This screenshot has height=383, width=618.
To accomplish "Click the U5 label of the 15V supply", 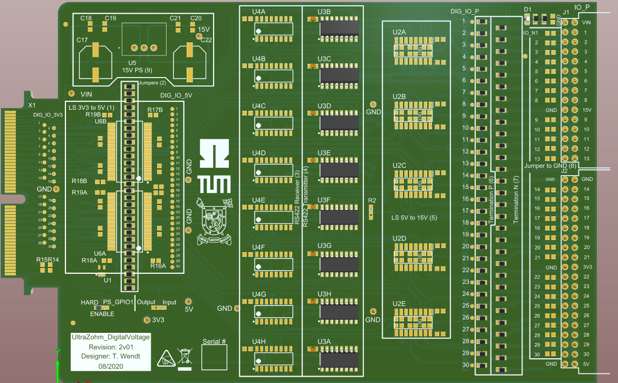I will pos(132,63).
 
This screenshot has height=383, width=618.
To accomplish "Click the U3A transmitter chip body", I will pos(339,360).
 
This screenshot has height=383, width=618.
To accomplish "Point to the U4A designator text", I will pos(259,11).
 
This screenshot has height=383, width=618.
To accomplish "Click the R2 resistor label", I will pos(372,200).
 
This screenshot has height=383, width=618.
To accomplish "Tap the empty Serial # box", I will pos(214,359).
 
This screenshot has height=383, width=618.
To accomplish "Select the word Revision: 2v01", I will pos(111,347).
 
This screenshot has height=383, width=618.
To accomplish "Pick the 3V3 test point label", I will pos(158,320).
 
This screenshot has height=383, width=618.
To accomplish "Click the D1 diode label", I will pos(528,9).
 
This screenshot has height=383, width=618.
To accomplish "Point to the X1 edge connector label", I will pos(32,106).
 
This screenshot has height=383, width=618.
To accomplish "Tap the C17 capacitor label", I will pos(82,40).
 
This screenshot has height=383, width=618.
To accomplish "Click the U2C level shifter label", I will pos(400,166).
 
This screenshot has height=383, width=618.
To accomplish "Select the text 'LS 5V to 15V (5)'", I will pos(414,217).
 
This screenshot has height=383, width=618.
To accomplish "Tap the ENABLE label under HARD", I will pos(102,314).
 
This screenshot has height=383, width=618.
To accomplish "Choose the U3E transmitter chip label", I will pos(324,153).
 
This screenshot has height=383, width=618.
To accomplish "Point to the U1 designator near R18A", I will pos(108,280).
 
